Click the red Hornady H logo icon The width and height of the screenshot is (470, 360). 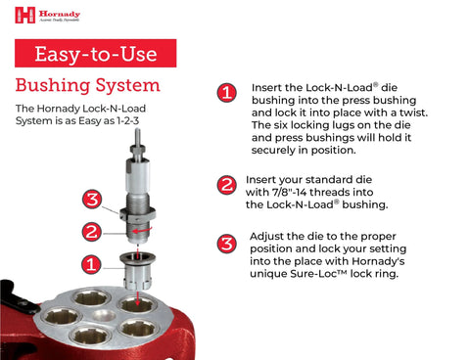coord(24,15)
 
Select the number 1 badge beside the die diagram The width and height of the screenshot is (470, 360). coord(89,263)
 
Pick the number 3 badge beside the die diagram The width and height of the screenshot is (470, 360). coord(91,200)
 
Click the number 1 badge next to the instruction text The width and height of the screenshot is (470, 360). coord(226,93)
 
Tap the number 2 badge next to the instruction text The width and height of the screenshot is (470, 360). coord(226,185)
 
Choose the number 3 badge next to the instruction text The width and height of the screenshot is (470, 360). coord(226,244)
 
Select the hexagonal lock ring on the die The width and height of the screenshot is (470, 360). coord(138,211)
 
